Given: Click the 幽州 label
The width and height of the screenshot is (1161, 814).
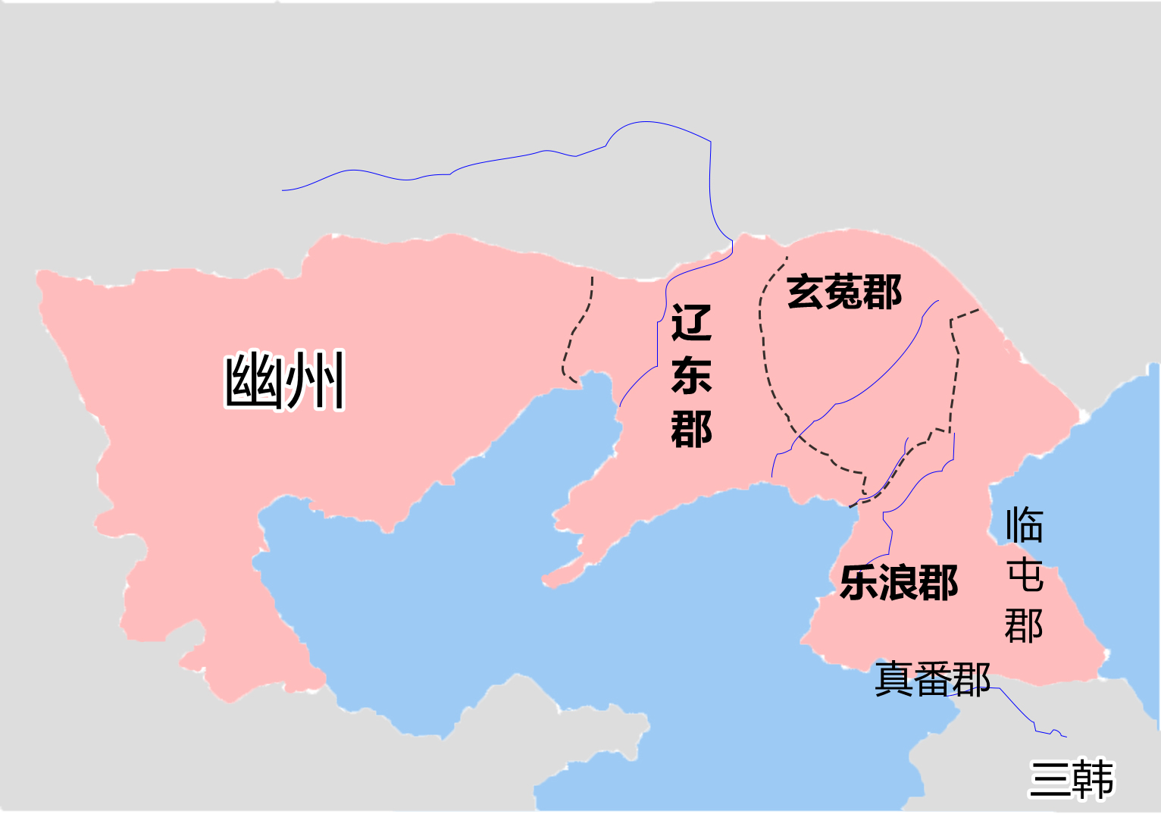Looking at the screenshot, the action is point(284,380).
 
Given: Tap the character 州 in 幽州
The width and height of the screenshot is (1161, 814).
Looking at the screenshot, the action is point(316,380).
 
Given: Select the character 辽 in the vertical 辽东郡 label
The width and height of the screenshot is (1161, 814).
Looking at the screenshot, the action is point(691,322).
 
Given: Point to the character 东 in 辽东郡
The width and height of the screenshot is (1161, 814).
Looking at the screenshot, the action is point(691,375).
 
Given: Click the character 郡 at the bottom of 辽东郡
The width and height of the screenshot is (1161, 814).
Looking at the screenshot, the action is point(691,429).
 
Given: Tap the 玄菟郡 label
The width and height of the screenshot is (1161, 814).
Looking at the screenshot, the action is point(844,292).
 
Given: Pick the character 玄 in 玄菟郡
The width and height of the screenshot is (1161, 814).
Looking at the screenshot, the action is point(806,292).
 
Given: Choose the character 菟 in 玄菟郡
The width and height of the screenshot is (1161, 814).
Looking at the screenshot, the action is point(844,292).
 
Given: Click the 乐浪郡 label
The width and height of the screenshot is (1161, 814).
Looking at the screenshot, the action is point(899,583).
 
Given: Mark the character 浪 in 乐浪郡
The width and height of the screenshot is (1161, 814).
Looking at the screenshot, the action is point(899,583).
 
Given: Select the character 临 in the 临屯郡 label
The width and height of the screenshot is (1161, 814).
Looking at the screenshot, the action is point(1024,524).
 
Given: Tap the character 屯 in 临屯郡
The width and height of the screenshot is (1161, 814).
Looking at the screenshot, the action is point(1024,575).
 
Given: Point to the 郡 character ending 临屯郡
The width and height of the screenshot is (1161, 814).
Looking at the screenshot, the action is point(1024,626).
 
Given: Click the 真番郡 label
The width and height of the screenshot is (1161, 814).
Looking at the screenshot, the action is point(933,679).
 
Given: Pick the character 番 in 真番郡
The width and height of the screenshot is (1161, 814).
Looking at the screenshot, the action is point(933,679).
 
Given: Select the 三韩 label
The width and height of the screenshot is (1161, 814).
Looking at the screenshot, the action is point(1072,778).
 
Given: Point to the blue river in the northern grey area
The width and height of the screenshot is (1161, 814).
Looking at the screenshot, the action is point(493,161).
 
